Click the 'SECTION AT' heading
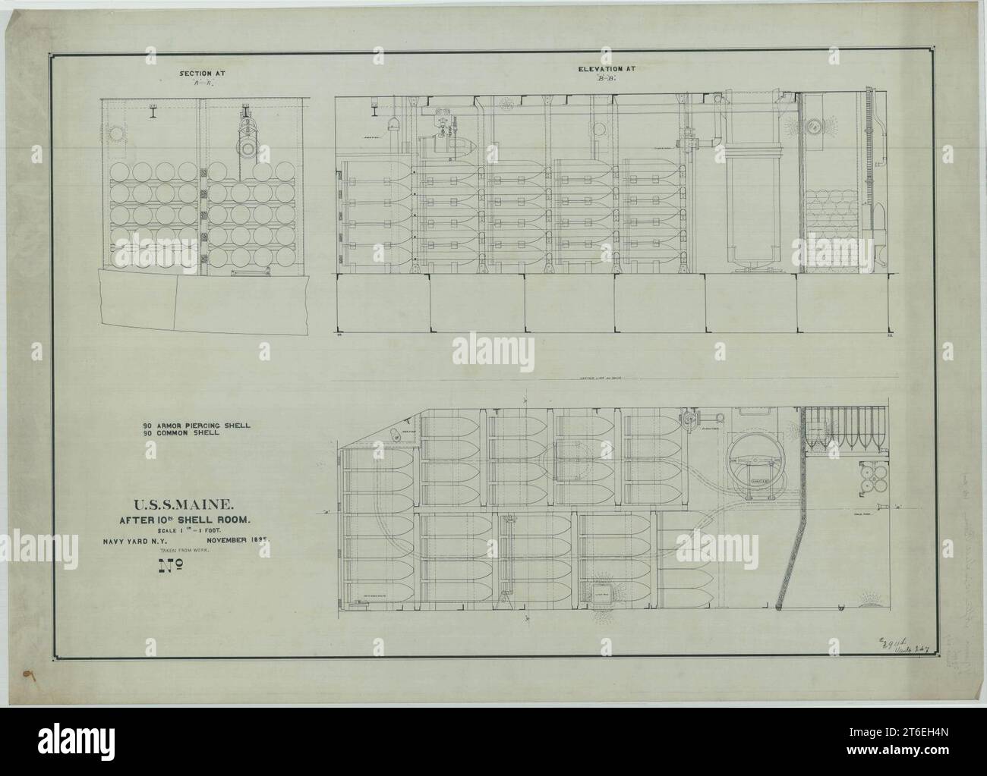(x=201, y=74)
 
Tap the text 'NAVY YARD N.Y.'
(x=143, y=542)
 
